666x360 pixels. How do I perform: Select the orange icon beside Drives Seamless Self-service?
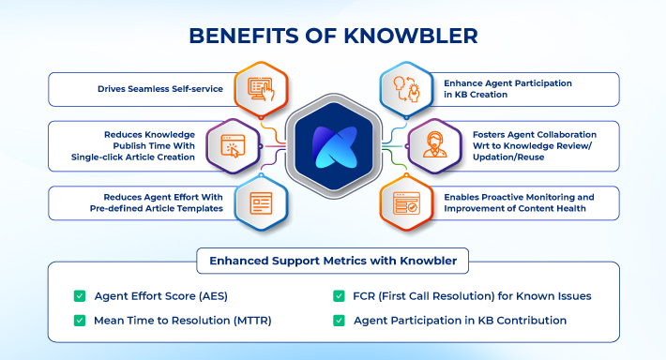259,90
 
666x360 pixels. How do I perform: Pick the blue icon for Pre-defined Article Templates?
259,202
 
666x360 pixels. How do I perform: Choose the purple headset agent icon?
434,145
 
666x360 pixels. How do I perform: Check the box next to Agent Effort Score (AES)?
80,296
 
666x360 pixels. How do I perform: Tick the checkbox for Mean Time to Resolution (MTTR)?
80,321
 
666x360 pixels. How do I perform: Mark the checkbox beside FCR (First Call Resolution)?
339,296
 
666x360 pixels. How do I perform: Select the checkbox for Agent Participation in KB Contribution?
339,321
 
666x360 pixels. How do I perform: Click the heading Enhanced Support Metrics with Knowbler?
333,258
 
